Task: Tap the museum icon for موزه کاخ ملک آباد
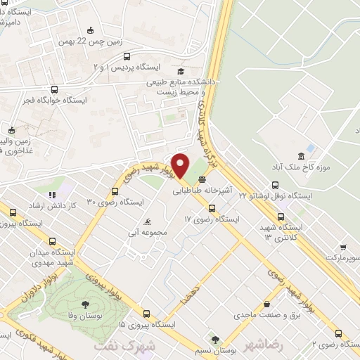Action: point(301,155)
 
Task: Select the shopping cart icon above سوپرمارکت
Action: point(342,247)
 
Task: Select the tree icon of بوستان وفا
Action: point(86,304)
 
